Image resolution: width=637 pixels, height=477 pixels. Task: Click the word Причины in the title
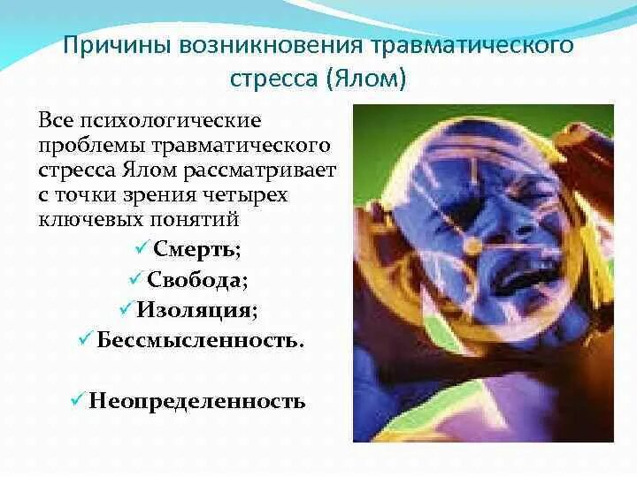pos(119,45)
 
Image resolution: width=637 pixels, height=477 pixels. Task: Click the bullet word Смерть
pos(196,250)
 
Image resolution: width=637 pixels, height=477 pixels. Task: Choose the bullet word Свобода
pos(196,281)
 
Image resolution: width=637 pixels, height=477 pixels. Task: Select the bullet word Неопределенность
pos(196,401)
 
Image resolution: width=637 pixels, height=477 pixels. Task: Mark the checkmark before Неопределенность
pos(77,400)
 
